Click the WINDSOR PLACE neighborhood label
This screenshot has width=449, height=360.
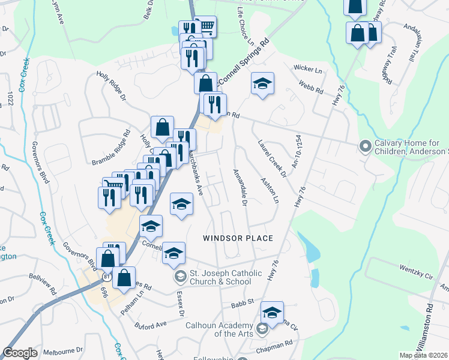238,238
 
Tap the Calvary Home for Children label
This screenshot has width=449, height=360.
411,147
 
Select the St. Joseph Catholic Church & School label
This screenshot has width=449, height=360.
226,277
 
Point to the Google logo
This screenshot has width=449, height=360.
20,353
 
